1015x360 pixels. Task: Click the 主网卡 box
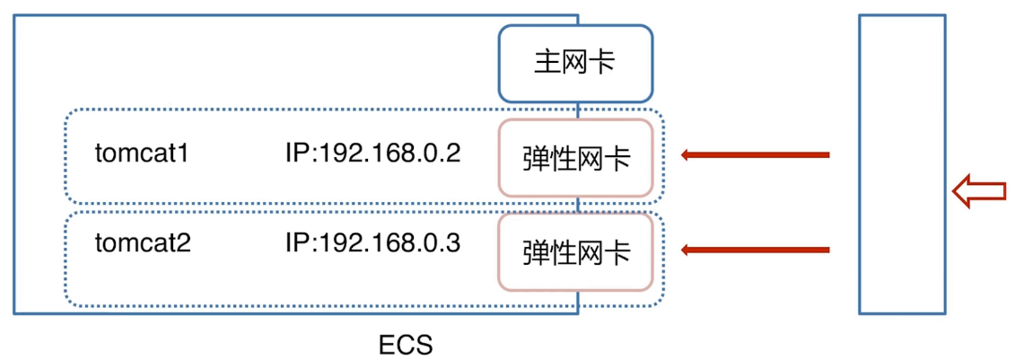click(575, 63)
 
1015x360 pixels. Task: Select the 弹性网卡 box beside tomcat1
click(575, 157)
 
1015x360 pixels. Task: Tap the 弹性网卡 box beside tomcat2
click(575, 252)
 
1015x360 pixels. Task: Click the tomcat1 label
click(142, 154)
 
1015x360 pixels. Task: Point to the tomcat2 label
click(142, 242)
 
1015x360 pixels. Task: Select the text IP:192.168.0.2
click(372, 154)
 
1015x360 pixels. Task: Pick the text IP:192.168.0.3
click(372, 242)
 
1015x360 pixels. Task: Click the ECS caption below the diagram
click(406, 344)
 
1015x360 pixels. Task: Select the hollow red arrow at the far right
click(973, 191)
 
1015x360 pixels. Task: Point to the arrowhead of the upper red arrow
click(687, 155)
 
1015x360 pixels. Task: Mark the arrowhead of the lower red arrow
click(687, 250)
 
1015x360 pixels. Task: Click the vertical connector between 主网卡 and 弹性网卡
click(577, 110)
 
